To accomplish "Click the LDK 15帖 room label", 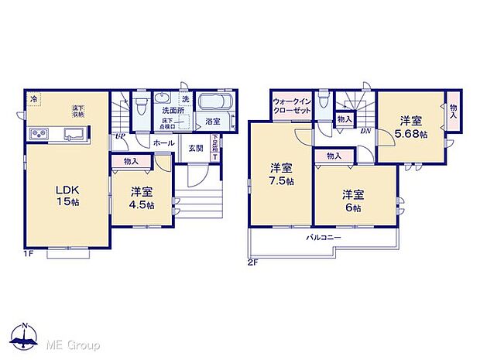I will click(66, 195).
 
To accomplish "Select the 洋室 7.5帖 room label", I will click(281, 174).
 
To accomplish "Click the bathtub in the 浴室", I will click(212, 105).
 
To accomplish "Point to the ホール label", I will click(163, 144).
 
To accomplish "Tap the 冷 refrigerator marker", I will click(33, 98).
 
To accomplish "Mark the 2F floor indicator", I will click(253, 263).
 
